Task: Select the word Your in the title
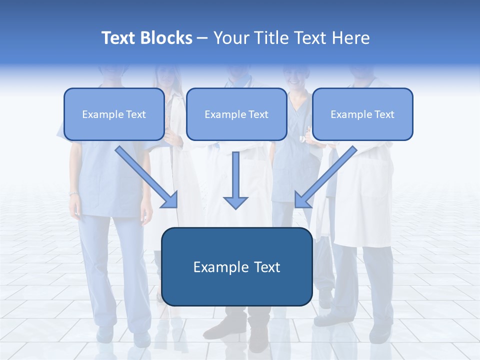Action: pyautogui.click(x=230, y=38)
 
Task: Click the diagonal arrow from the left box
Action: pyautogui.click(x=147, y=177)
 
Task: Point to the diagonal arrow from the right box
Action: pyautogui.click(x=325, y=177)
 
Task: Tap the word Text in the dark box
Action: pyautogui.click(x=267, y=267)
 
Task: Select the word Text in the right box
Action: pyautogui.click(x=384, y=114)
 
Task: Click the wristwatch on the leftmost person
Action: pyautogui.click(x=74, y=193)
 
